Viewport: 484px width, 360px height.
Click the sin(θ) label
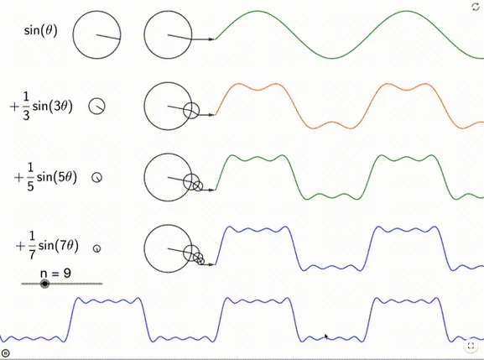click(41, 30)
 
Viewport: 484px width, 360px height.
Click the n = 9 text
click(55, 273)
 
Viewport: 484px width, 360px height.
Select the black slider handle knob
click(45, 284)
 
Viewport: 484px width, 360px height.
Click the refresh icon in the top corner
click(476, 7)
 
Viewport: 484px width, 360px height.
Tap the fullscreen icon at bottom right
click(471, 346)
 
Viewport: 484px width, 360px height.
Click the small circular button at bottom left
click(6, 353)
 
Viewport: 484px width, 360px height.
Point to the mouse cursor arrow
click(326, 337)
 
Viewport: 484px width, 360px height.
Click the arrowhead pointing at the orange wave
click(211, 115)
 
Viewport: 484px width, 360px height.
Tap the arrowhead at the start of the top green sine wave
click(211, 39)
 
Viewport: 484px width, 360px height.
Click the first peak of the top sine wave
click(258, 11)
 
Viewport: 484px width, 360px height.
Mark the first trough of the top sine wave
click(332, 58)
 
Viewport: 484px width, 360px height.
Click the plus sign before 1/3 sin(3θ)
click(14, 107)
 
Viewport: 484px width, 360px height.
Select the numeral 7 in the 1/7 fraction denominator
click(32, 255)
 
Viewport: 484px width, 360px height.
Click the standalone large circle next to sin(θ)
click(73, 35)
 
